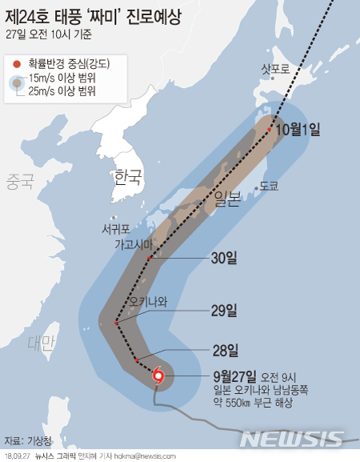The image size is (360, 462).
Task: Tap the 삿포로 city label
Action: click(277, 70)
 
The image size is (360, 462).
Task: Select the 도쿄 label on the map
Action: click(269, 185)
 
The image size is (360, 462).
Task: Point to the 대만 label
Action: click(40, 343)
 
